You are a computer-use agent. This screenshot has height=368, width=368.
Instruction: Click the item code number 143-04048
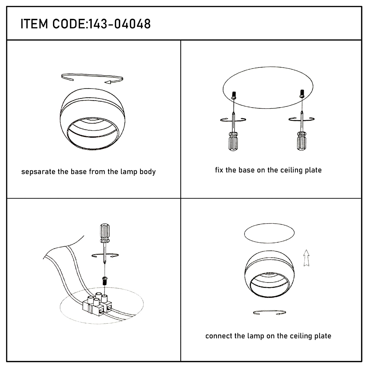tap(119, 24)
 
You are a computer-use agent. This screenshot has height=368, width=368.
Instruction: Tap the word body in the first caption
tap(147, 172)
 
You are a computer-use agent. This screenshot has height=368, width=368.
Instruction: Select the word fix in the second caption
tap(219, 170)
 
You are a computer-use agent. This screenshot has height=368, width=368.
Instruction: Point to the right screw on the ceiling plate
tap(302, 93)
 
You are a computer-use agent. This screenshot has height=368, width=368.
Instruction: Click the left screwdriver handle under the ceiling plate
tap(233, 141)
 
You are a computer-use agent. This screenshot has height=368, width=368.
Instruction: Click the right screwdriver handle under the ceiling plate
tap(302, 141)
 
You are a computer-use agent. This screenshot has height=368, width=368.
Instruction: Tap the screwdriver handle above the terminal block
tap(105, 233)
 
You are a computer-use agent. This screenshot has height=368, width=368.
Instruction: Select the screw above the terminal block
tap(105, 281)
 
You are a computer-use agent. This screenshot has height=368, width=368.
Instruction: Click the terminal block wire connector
tap(97, 304)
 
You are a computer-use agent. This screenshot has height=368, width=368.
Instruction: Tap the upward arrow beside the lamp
tap(306, 258)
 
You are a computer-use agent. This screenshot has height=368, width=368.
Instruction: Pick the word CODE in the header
tap(69, 24)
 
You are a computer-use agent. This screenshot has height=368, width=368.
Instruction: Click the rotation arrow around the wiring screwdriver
tap(105, 255)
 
